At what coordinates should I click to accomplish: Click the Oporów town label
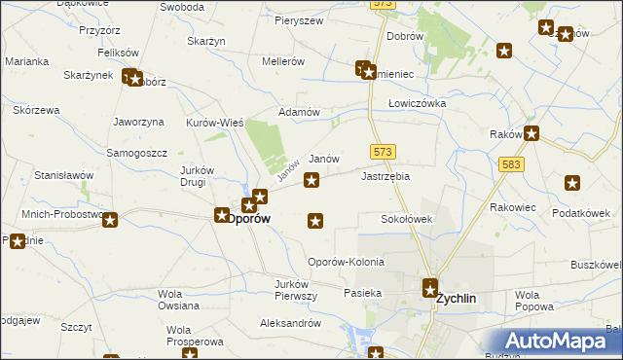248,220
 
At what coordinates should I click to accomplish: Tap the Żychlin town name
455,300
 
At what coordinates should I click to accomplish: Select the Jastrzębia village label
385,177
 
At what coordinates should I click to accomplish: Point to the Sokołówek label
406,220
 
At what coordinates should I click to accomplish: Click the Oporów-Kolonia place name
346,263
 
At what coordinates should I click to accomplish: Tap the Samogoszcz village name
137,154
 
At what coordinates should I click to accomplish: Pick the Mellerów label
283,61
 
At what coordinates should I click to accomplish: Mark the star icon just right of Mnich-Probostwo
111,221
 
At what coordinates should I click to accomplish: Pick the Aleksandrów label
290,323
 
